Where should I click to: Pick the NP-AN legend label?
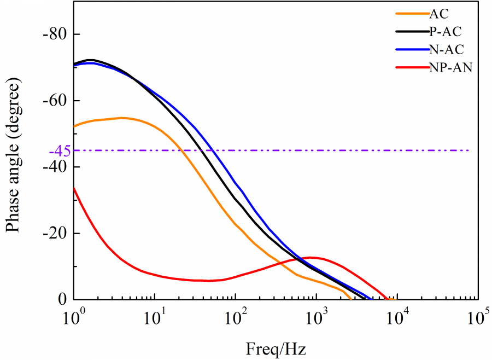coord(450,67)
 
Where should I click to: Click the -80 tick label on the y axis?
coord(54,34)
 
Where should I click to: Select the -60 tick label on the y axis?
coord(54,101)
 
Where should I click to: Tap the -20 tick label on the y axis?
coord(54,234)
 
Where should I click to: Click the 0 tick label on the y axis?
coord(62,300)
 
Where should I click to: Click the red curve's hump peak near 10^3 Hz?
coord(312,257)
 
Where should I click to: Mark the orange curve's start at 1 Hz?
coord(74,126)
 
